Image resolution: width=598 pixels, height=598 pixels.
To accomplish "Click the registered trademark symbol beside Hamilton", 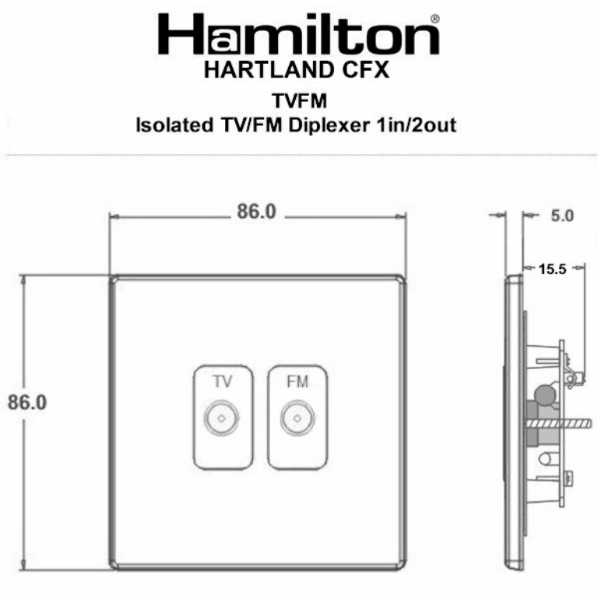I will tap(434, 18).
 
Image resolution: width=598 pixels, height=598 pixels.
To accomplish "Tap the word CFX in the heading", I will tap(361, 71).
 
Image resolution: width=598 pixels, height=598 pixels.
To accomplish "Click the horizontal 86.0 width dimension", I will tap(256, 212).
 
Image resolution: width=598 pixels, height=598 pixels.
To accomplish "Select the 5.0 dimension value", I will tap(561, 216).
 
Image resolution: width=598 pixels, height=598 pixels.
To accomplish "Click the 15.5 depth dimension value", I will tap(552, 269).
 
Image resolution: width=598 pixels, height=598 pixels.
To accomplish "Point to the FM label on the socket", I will tap(297, 382).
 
